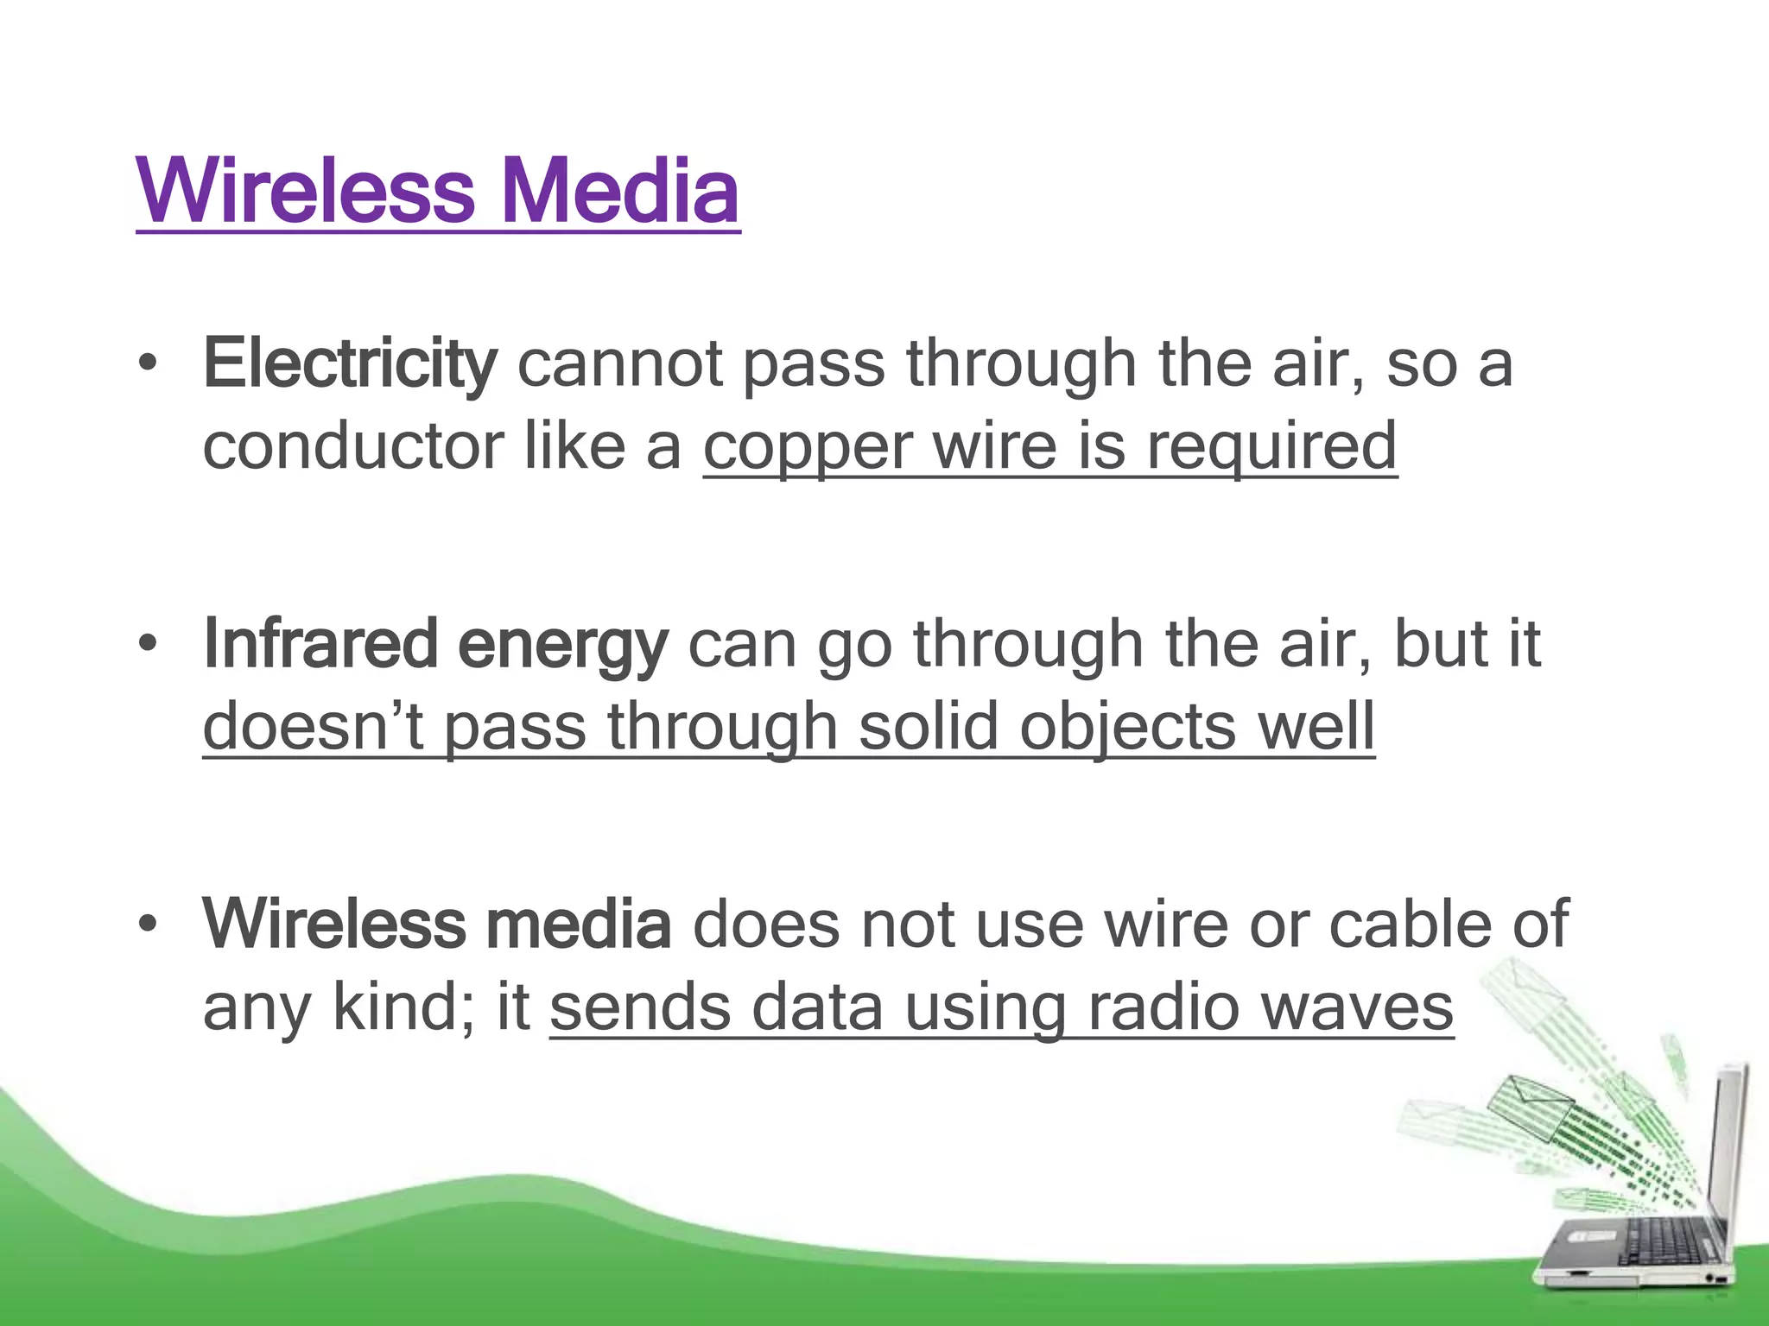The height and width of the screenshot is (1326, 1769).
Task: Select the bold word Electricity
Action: (x=350, y=364)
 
